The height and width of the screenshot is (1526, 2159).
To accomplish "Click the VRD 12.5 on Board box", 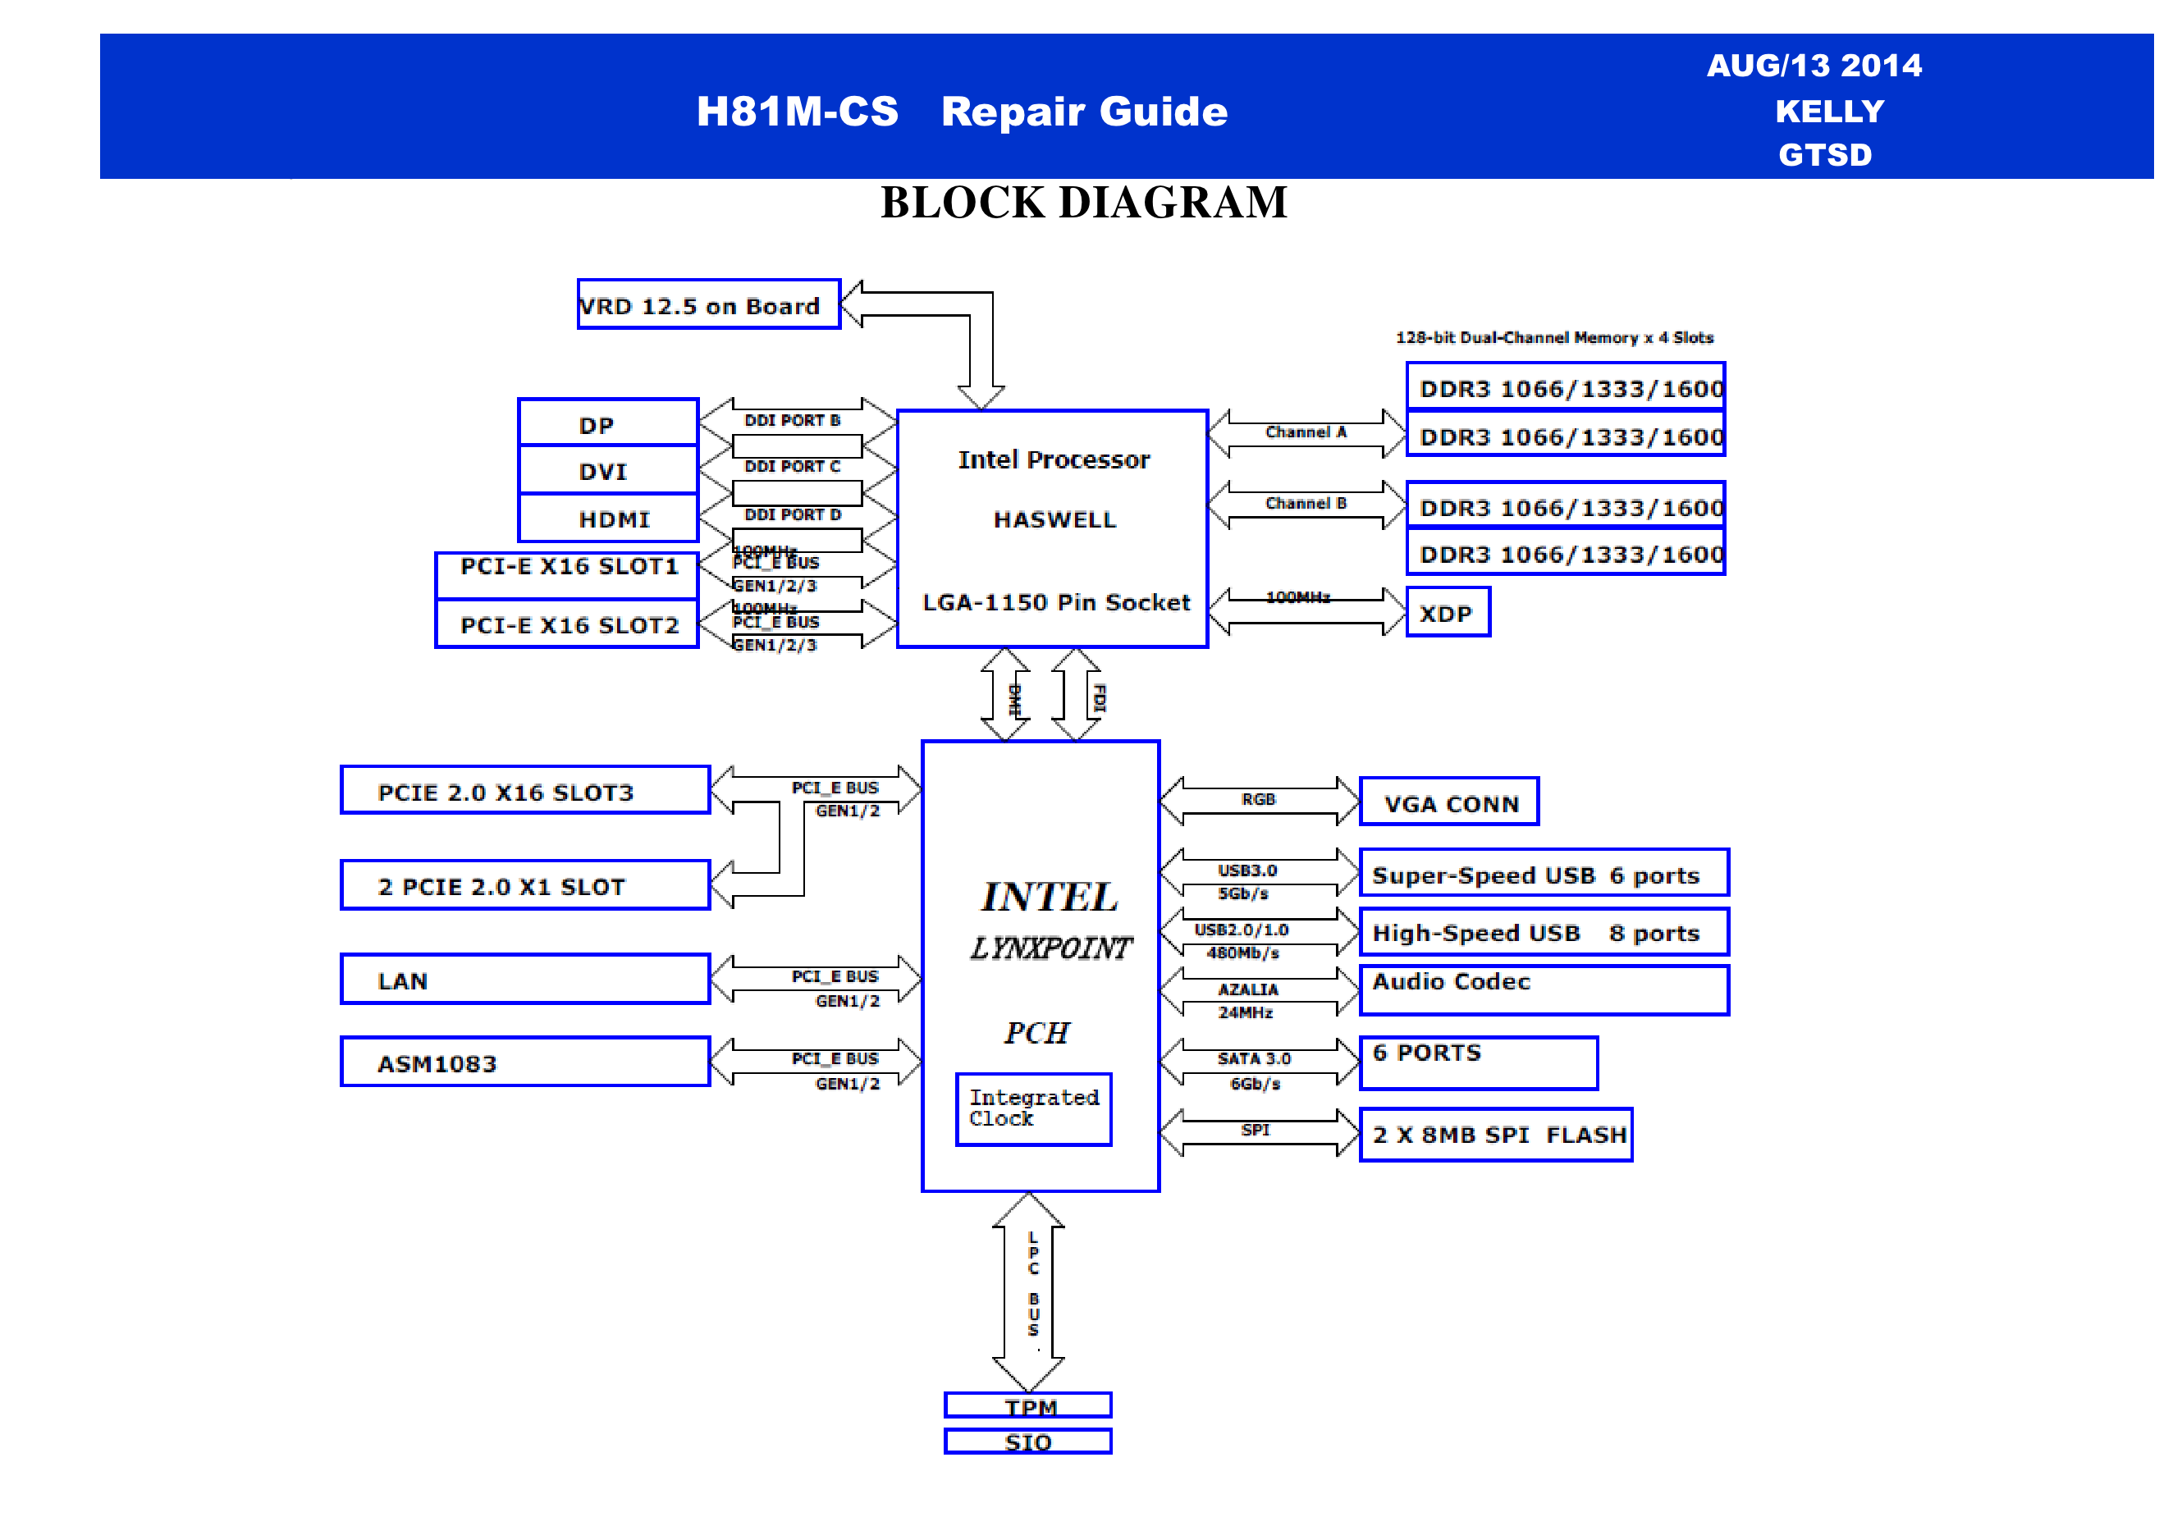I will click(x=708, y=304).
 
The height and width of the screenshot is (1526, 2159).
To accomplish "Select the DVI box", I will click(x=607, y=470).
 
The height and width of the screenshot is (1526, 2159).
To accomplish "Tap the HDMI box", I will click(x=607, y=518).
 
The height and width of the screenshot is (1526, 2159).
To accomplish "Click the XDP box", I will click(x=1448, y=613).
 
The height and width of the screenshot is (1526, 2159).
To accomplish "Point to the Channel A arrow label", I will click(x=1306, y=432).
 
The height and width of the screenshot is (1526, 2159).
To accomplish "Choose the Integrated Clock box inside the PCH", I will click(x=1032, y=1108).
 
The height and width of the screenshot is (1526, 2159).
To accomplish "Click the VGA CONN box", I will click(x=1448, y=802).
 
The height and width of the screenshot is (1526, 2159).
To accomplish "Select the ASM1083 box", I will click(x=524, y=1062).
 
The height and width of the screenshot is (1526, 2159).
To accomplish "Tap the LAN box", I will click(x=524, y=980).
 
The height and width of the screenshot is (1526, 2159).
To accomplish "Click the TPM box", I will click(x=1027, y=1405).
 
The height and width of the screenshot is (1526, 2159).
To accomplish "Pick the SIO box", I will click(x=1027, y=1441).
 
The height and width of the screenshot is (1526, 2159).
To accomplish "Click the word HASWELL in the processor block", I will click(x=1054, y=520).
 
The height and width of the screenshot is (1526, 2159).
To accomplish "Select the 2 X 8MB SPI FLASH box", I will click(x=1495, y=1135).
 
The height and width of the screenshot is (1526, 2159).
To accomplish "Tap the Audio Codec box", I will click(x=1543, y=990).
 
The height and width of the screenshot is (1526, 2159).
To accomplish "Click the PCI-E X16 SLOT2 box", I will click(x=567, y=624).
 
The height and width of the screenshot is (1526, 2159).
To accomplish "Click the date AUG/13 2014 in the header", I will click(x=1814, y=65).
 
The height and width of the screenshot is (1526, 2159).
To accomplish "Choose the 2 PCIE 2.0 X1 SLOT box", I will click(x=524, y=886).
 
